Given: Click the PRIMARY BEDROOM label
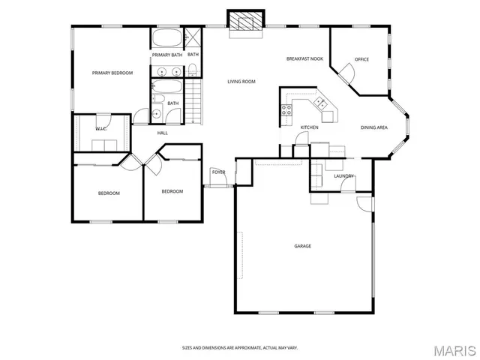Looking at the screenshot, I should [x=112, y=73].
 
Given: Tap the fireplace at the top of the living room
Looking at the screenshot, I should [x=245, y=22].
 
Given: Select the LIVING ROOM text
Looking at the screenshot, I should [x=242, y=81].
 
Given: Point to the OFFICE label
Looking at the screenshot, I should [x=361, y=59].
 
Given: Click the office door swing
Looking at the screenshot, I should [x=346, y=72].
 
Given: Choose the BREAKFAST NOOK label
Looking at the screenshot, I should [x=304, y=58].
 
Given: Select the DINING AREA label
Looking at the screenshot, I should [x=373, y=127].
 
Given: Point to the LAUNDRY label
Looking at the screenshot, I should [x=343, y=176].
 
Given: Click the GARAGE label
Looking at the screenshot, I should [x=302, y=246].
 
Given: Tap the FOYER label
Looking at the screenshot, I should [x=218, y=172].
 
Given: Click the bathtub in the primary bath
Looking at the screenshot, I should [x=166, y=38].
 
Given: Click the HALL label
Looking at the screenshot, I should [x=162, y=133].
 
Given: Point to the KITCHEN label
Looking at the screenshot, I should [x=309, y=127].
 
